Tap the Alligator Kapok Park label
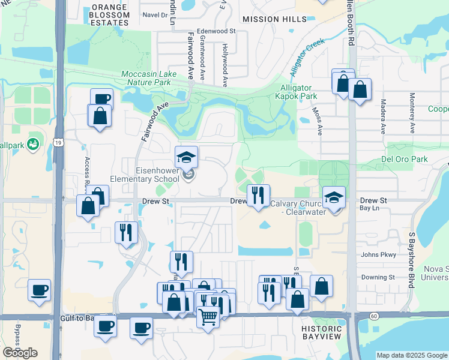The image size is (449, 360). pos(295,91)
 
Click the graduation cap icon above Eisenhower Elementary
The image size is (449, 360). pos(187,158)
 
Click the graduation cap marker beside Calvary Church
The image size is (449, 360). pos(334,197)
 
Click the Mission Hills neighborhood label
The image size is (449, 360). pos(270,19)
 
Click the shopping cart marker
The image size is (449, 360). pos(208,316)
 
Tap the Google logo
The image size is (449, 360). pos(20,353)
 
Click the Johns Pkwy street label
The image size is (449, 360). pos(378,254)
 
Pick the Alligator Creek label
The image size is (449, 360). pos(307,57)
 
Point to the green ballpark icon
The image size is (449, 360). pos(32,144)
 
